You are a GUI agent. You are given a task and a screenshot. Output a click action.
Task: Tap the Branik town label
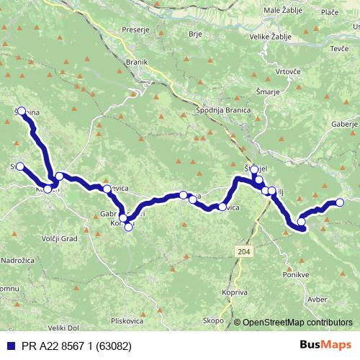135,62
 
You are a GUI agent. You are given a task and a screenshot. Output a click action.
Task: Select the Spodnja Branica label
222,110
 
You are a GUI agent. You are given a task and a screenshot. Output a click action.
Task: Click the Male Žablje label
283,11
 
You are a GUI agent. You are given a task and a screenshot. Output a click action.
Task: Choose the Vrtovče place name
287,72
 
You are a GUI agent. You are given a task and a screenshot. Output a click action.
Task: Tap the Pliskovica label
127,320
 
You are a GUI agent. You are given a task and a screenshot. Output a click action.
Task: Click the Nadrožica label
17,258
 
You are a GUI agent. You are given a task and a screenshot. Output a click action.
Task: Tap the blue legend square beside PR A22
9,345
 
